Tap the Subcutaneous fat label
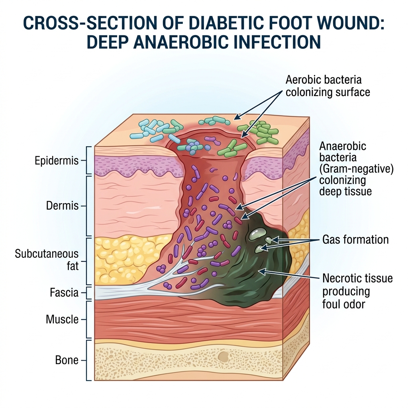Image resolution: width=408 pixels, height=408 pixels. click(x=47, y=259)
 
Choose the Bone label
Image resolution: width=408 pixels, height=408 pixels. click(x=67, y=360)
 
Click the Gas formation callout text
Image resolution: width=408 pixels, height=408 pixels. click(x=355, y=239)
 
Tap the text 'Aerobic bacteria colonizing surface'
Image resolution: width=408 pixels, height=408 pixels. click(x=328, y=86)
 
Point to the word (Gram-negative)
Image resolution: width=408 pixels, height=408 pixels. click(x=357, y=169)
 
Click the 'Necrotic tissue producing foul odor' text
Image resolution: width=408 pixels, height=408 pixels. click(x=357, y=291)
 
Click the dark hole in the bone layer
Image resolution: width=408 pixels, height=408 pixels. click(x=224, y=356)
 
